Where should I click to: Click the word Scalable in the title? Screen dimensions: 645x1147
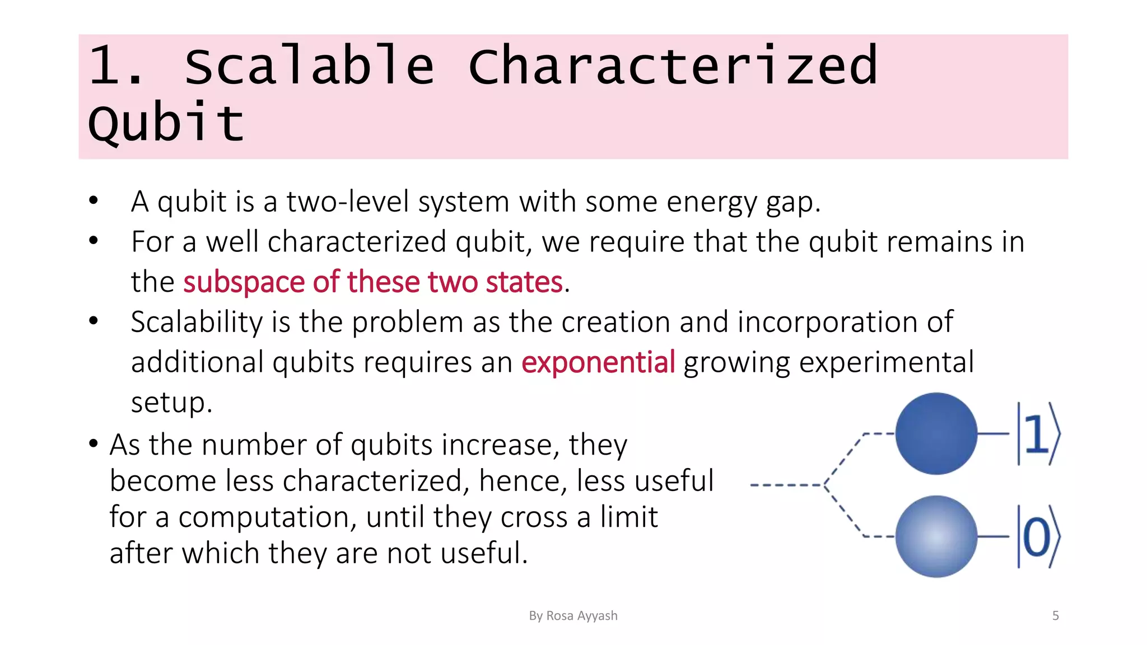(x=309, y=66)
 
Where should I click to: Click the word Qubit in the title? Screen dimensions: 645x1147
(x=166, y=123)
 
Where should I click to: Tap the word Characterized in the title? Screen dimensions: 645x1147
(x=672, y=66)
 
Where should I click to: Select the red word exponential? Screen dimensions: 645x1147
(x=598, y=362)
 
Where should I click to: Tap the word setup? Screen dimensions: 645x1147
(x=171, y=403)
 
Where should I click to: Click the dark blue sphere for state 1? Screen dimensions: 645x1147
(x=936, y=433)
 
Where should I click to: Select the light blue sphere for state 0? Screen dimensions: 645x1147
(x=936, y=536)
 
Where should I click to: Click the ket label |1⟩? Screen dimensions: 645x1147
(x=1038, y=434)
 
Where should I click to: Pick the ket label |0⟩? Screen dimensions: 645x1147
(x=1038, y=537)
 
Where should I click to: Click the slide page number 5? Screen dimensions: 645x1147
(x=1055, y=616)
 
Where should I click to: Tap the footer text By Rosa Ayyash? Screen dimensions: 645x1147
(x=573, y=616)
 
